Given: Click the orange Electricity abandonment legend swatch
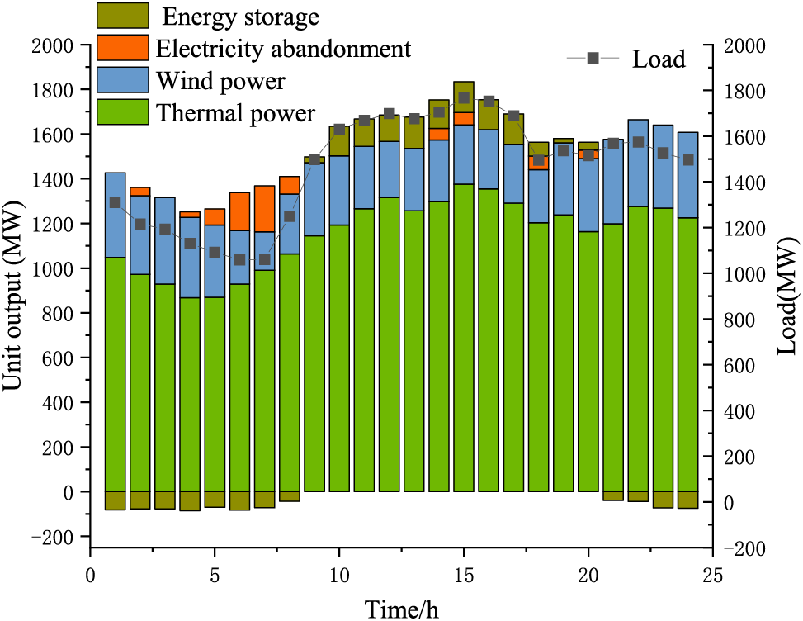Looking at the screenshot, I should pos(123,47).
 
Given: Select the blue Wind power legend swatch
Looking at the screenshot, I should pos(123,80).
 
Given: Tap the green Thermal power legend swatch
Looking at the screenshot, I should pos(123,111).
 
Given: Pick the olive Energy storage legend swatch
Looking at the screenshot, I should pos(123,15).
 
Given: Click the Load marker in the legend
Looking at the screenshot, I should pos(593,58).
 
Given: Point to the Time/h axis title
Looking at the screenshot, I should pos(403,609).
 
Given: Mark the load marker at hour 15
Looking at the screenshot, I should pos(464,97).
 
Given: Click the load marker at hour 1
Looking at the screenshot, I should pos(115,202).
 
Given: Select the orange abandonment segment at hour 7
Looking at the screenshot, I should pos(264,208).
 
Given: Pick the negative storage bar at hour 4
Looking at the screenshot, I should pos(190,501).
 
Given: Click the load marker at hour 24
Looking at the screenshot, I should pos(688,160).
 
